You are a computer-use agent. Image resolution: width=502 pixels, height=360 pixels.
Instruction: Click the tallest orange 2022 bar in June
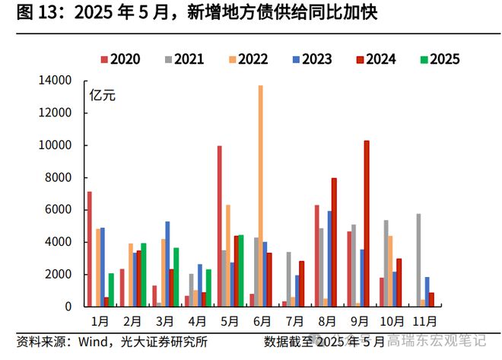click(260, 196)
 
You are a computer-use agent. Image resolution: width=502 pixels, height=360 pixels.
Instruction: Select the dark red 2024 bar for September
click(367, 223)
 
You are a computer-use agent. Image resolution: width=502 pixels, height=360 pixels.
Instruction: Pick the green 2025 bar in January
click(111, 290)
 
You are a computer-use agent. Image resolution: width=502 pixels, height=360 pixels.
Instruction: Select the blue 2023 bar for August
click(329, 259)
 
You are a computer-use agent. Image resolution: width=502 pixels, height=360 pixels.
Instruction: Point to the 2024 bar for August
click(335, 242)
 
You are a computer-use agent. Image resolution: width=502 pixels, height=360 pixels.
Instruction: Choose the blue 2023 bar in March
click(167, 263)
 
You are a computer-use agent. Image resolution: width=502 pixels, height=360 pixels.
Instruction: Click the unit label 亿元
click(102, 96)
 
